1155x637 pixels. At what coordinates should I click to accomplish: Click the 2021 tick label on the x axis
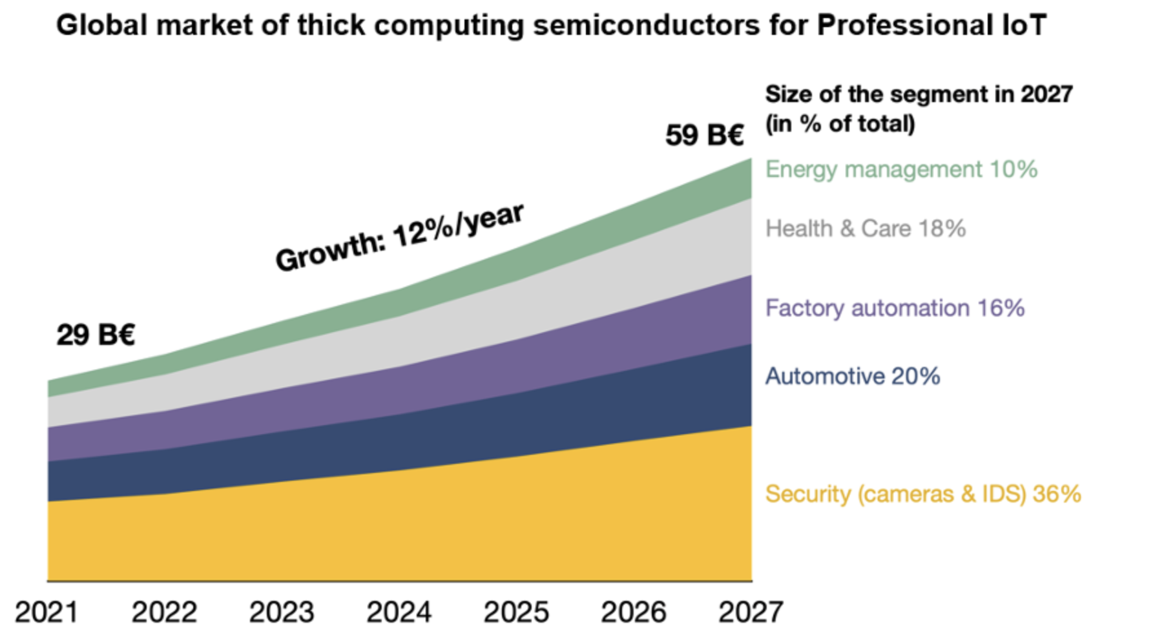pyautogui.click(x=47, y=612)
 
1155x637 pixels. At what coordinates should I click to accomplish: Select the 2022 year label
pyautogui.click(x=164, y=612)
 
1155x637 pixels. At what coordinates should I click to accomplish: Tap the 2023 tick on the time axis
pyautogui.click(x=282, y=612)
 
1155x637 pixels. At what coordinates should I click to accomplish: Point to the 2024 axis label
pyautogui.click(x=399, y=612)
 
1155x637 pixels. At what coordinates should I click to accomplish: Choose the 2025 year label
pyautogui.click(x=516, y=612)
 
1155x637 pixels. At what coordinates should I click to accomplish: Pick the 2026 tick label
pyautogui.click(x=633, y=612)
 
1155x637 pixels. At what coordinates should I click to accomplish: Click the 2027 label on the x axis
pyautogui.click(x=751, y=612)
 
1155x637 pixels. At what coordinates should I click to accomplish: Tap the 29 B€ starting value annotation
pyautogui.click(x=96, y=335)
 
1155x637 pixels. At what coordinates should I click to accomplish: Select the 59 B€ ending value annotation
pyautogui.click(x=704, y=135)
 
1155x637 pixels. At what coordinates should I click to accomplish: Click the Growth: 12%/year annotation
pyautogui.click(x=399, y=237)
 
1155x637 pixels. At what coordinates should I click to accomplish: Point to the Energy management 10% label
pyautogui.click(x=901, y=169)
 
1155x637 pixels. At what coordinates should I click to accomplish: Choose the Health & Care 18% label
pyautogui.click(x=865, y=229)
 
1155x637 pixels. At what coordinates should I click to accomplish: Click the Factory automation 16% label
pyautogui.click(x=895, y=308)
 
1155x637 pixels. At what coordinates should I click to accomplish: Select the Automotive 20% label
pyautogui.click(x=852, y=376)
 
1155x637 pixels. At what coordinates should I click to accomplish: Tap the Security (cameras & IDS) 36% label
pyautogui.click(x=922, y=494)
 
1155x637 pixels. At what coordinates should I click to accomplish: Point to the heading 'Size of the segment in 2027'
pyautogui.click(x=919, y=94)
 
